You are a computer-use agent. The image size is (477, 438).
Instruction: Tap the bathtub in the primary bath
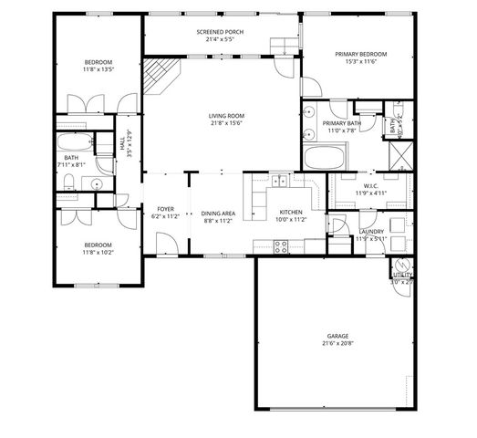[x=323, y=160]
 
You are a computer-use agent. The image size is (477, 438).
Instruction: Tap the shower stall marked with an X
[x=399, y=155]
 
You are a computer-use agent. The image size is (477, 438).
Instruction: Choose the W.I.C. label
[x=370, y=185]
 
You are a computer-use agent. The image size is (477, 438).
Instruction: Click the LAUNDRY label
[x=370, y=231]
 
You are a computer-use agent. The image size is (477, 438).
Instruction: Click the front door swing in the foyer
[x=166, y=242]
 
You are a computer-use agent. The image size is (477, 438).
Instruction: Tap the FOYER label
[x=165, y=209]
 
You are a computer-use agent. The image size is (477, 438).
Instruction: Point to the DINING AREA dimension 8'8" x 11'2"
[x=219, y=220]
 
